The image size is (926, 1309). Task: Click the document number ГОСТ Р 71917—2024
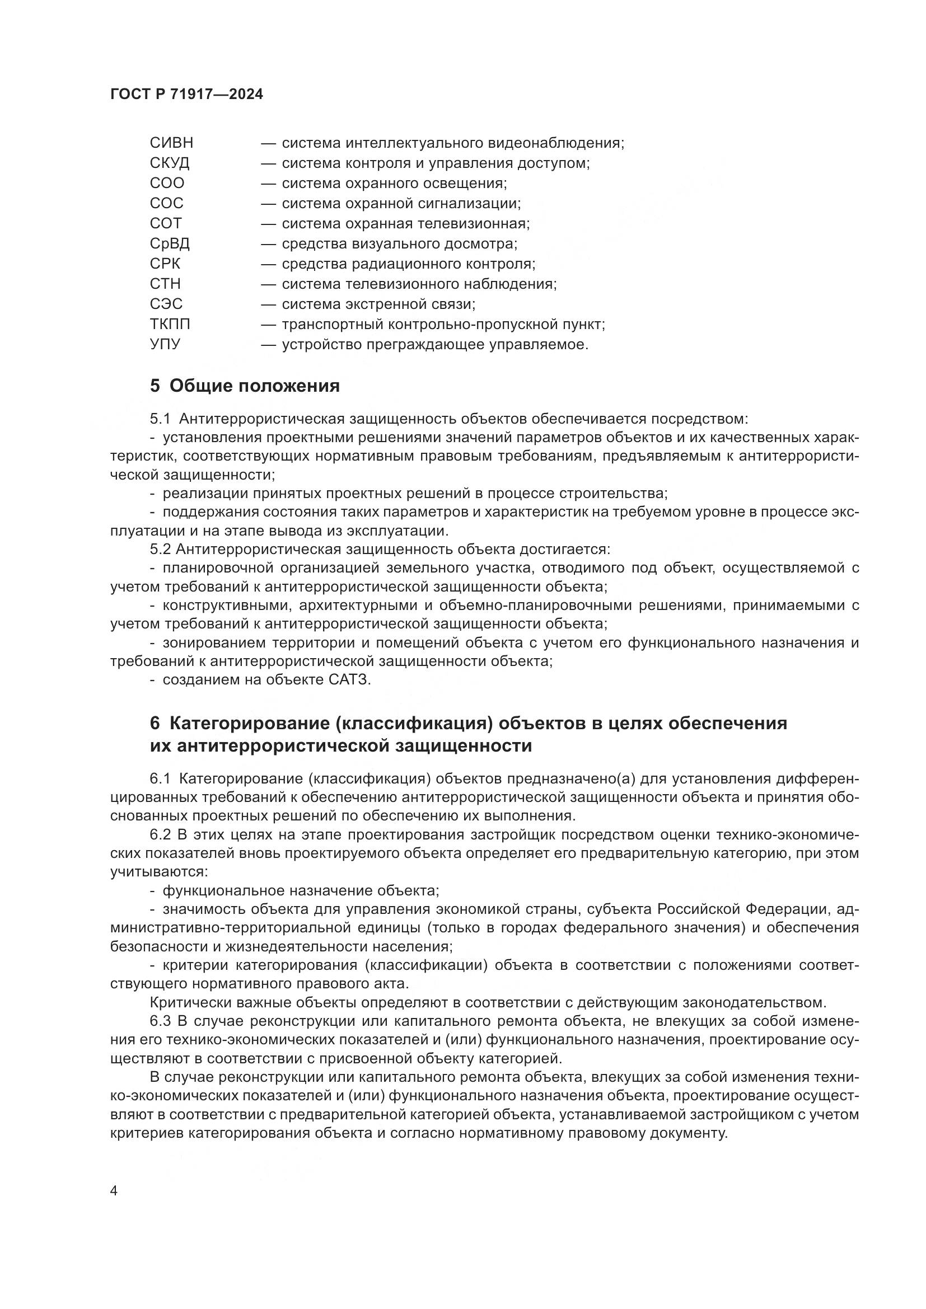coord(186,95)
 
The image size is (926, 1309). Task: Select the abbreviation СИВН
coord(172,143)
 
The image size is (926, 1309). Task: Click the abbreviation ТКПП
coord(170,325)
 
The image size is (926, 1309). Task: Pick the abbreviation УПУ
coord(165,344)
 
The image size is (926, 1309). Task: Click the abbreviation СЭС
coord(166,304)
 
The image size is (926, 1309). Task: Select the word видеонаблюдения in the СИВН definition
coord(556,143)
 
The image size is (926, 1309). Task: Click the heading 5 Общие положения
coord(245,386)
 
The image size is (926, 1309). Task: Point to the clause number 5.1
coord(160,419)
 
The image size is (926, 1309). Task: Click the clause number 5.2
coord(160,549)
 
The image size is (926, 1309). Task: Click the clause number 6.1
coord(160,780)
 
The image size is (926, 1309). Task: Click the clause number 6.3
coord(160,1021)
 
